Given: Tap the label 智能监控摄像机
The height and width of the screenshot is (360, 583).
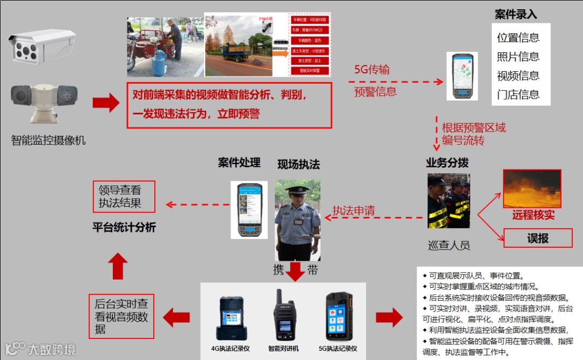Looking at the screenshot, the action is pos(48,141).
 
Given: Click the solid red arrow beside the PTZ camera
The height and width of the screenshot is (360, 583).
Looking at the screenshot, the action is pos(106,103).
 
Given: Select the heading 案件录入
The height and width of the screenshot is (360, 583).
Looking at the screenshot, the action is pos(516,15).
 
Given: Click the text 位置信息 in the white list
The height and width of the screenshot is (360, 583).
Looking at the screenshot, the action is pos(518,38).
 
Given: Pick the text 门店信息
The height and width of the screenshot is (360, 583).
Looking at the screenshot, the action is pos(518,94).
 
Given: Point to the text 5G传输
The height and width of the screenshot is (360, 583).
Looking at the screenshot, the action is pos(372,70).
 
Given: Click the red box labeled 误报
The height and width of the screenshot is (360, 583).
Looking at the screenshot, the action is pos(538,238).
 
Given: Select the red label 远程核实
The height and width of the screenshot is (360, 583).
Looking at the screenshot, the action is pos(533,215).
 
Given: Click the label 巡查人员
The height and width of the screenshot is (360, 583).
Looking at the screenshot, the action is pos(449,245).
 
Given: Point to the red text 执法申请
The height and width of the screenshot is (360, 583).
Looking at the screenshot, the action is pos(354,210).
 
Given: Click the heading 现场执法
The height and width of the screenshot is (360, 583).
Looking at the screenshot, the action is pos(299,164).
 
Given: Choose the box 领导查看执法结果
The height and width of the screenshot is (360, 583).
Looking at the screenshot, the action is pos(124,196).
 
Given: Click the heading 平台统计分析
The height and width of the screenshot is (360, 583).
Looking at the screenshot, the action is pos(124,228).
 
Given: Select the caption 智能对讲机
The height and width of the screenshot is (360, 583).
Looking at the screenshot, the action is pos(283,349).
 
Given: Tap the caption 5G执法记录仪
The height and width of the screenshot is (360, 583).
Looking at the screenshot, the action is pos(338,349).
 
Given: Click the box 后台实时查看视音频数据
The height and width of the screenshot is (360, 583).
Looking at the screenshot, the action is pos(121,316).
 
